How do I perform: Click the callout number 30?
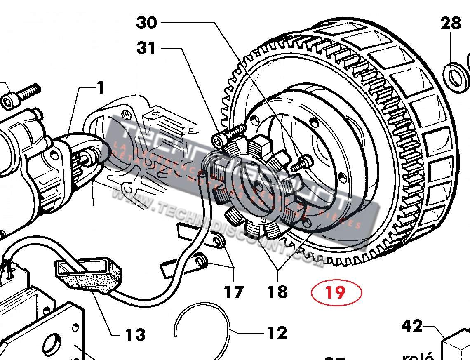[147, 22]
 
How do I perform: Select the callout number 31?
[147, 48]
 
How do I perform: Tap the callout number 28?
[450, 24]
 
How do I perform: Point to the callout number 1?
[100, 87]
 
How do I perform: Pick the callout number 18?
[277, 292]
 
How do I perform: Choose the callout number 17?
[234, 292]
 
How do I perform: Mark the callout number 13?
[135, 334]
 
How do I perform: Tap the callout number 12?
[277, 332]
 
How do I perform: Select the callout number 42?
[412, 326]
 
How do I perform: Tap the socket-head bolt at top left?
[21, 95]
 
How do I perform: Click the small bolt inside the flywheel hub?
[300, 165]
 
